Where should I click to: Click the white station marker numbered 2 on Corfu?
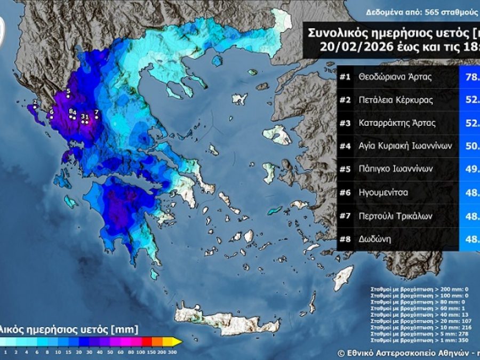point(34,107)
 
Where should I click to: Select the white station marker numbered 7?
point(96,117)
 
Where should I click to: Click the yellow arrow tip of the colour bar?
point(178,341)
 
